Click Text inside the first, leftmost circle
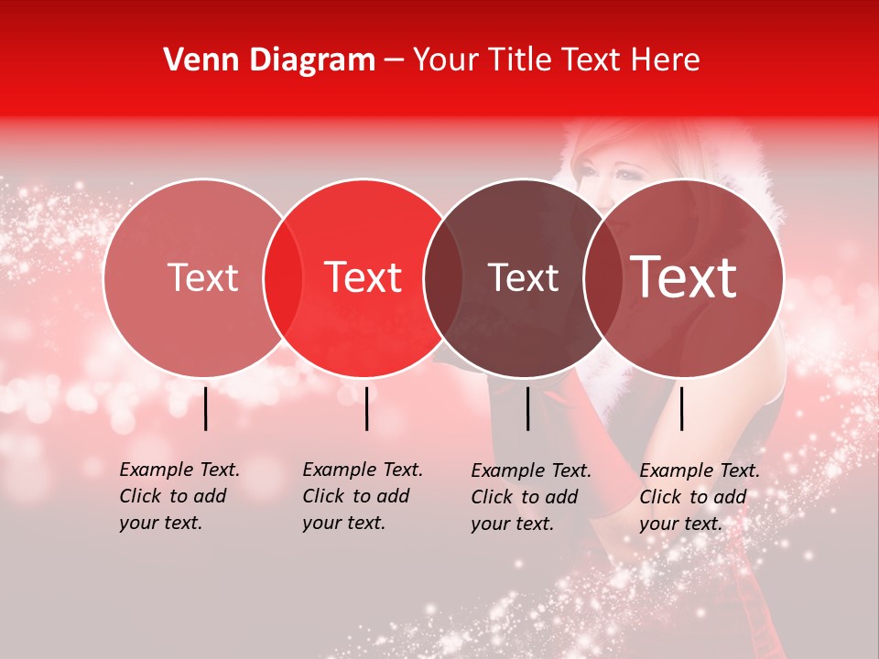pos(202,277)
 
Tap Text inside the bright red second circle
pos(364,277)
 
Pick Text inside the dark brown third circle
pos(523,277)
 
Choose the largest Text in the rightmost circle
pos(684,277)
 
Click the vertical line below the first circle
pos(206,408)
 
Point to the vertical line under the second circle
pos(366,408)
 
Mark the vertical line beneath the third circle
pos(528,408)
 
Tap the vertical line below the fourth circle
pos(681,408)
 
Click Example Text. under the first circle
pos(179,470)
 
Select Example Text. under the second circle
pos(363,470)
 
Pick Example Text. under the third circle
pos(531,471)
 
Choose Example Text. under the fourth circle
pos(700,471)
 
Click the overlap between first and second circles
pos(283,277)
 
